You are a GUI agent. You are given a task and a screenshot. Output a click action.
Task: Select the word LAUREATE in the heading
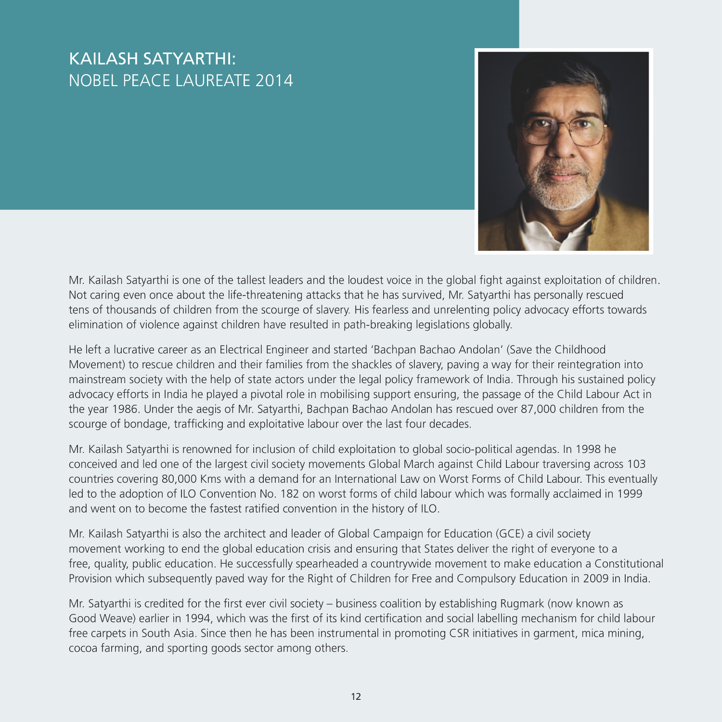(x=212, y=81)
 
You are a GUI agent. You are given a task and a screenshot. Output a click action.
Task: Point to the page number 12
(x=356, y=696)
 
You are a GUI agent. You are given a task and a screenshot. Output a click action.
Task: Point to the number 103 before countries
(x=636, y=464)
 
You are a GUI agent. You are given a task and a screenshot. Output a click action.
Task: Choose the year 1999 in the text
(x=630, y=494)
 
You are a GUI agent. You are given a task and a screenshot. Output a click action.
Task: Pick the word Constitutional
(x=629, y=564)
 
